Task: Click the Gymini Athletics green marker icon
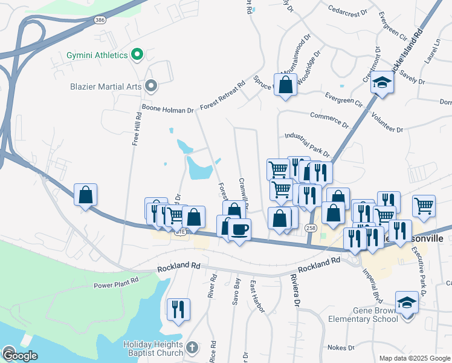point(137,55)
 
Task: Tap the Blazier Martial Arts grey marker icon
point(151,87)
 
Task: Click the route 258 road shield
point(311,227)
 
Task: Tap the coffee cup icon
point(240,230)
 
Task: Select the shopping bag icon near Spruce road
point(286,84)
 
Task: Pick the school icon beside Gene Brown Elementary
point(407,302)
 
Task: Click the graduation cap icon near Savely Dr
point(382,82)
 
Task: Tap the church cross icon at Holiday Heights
point(192,347)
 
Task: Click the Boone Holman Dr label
point(167,109)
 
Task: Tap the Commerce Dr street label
point(329,119)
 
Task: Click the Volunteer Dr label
point(387,124)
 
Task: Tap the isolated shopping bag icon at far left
point(86,195)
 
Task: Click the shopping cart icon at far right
point(424,206)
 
